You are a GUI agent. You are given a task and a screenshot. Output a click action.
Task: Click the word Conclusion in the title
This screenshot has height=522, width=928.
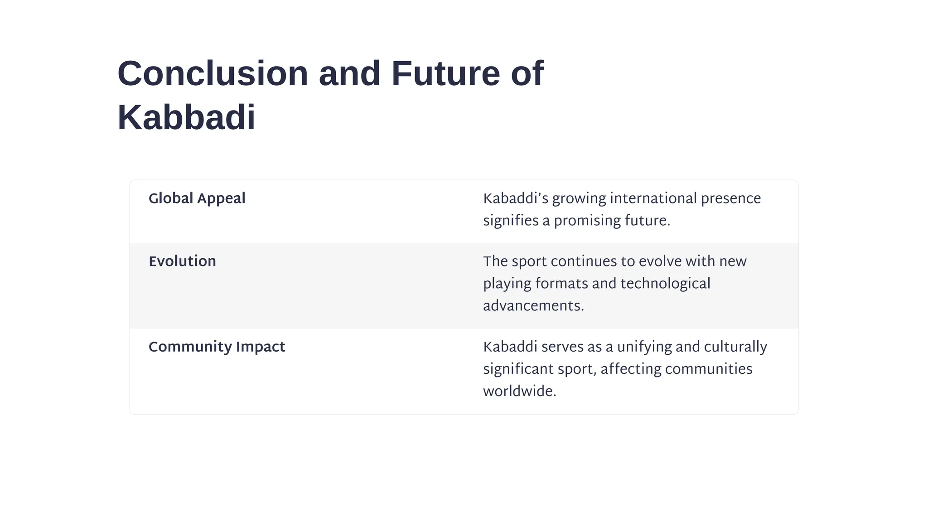coord(213,73)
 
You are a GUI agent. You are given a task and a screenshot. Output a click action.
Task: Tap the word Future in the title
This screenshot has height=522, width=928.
coord(445,73)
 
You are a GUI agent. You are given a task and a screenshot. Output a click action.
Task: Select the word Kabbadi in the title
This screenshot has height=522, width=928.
coord(186,118)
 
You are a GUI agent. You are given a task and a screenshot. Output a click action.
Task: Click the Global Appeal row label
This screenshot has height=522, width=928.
coord(197,198)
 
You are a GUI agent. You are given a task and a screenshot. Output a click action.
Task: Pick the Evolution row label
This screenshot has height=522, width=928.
coord(182,261)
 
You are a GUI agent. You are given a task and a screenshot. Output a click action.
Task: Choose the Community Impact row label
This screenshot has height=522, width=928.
coord(217,347)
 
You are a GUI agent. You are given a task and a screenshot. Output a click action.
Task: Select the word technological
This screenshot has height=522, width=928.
coord(665,284)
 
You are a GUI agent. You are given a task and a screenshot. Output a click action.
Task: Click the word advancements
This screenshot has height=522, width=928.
coord(533,306)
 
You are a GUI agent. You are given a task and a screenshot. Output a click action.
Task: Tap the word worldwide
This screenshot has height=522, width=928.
coord(519,391)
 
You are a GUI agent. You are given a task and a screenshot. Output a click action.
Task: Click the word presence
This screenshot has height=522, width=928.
coord(731,198)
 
